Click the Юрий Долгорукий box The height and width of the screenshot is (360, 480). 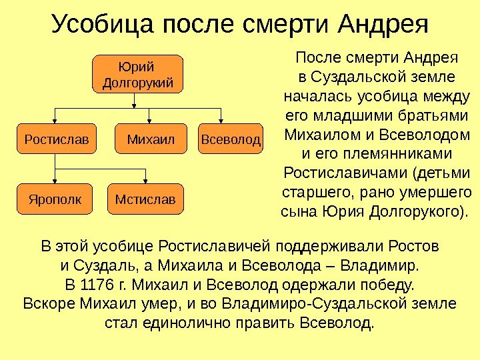pos(138,74)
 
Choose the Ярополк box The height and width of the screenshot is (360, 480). pos(56,199)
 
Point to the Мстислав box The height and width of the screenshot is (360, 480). pos(145,199)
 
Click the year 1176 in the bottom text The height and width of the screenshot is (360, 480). pos(91,287)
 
